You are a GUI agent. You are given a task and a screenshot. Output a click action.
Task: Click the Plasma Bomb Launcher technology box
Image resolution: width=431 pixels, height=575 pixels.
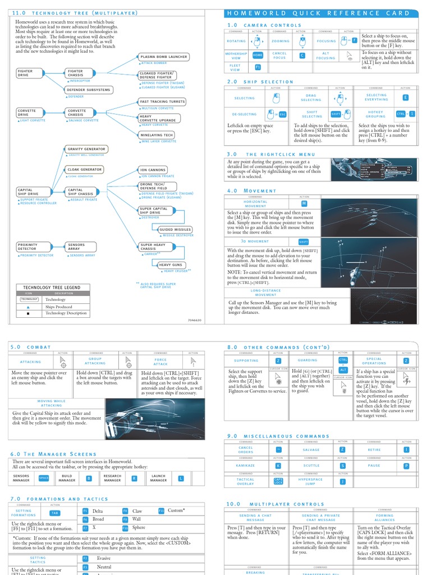(x=163, y=57)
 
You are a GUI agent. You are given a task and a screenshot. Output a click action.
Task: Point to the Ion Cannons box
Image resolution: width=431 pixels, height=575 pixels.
(x=153, y=170)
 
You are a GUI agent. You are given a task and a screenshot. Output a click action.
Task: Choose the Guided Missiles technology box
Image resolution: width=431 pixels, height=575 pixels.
(x=175, y=230)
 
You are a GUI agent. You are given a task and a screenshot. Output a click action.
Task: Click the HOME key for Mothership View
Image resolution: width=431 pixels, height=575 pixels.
(x=258, y=55)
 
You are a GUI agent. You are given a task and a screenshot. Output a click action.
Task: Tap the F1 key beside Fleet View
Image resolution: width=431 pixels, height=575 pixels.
(x=258, y=67)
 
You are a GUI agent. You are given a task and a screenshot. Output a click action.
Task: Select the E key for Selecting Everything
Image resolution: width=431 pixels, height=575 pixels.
(x=405, y=98)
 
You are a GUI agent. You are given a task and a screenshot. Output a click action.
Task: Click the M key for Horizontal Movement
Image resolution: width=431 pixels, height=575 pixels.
(x=304, y=203)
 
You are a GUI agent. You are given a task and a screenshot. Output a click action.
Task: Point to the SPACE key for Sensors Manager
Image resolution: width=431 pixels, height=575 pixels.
(x=44, y=478)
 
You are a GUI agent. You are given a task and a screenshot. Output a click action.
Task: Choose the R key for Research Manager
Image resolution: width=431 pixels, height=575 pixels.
(x=134, y=478)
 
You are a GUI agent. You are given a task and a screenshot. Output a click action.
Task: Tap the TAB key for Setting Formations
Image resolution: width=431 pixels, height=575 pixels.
(x=54, y=513)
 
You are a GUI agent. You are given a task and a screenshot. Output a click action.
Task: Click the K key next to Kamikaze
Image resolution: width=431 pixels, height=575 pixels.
(x=278, y=466)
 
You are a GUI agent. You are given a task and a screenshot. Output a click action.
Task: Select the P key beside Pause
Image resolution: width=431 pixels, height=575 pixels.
(x=406, y=466)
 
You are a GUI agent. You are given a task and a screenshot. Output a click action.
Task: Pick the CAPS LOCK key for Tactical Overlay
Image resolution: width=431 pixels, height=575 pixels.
(x=278, y=481)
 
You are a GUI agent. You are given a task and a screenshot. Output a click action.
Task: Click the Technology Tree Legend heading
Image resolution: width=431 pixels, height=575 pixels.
(x=52, y=287)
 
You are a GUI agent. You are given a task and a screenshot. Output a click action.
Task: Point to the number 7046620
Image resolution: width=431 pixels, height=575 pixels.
(x=194, y=320)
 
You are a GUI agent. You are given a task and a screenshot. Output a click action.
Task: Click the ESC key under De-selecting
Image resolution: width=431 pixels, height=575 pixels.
(x=282, y=114)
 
